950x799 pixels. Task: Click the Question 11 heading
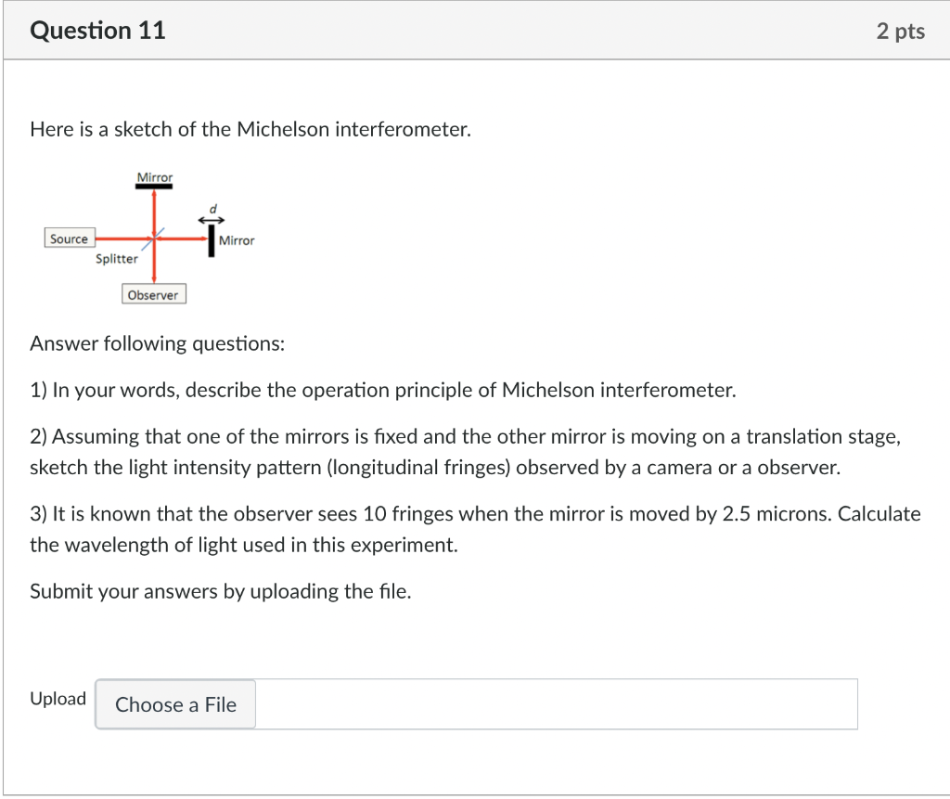[x=97, y=31]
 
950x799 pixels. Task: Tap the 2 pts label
[x=900, y=32]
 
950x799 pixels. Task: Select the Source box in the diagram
[x=69, y=239]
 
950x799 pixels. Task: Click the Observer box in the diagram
[x=153, y=295]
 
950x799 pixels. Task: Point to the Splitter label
[x=117, y=259]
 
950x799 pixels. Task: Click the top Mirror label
[x=154, y=176]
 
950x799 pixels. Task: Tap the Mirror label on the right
[x=237, y=240]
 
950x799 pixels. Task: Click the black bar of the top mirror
[x=154, y=187]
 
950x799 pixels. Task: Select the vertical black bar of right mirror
[x=212, y=239]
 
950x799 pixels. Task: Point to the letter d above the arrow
[x=212, y=208]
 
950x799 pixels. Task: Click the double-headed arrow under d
[x=212, y=219]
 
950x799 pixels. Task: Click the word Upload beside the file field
[x=58, y=699]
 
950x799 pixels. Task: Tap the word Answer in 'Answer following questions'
[x=61, y=344]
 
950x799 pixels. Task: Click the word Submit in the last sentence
[x=60, y=591]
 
